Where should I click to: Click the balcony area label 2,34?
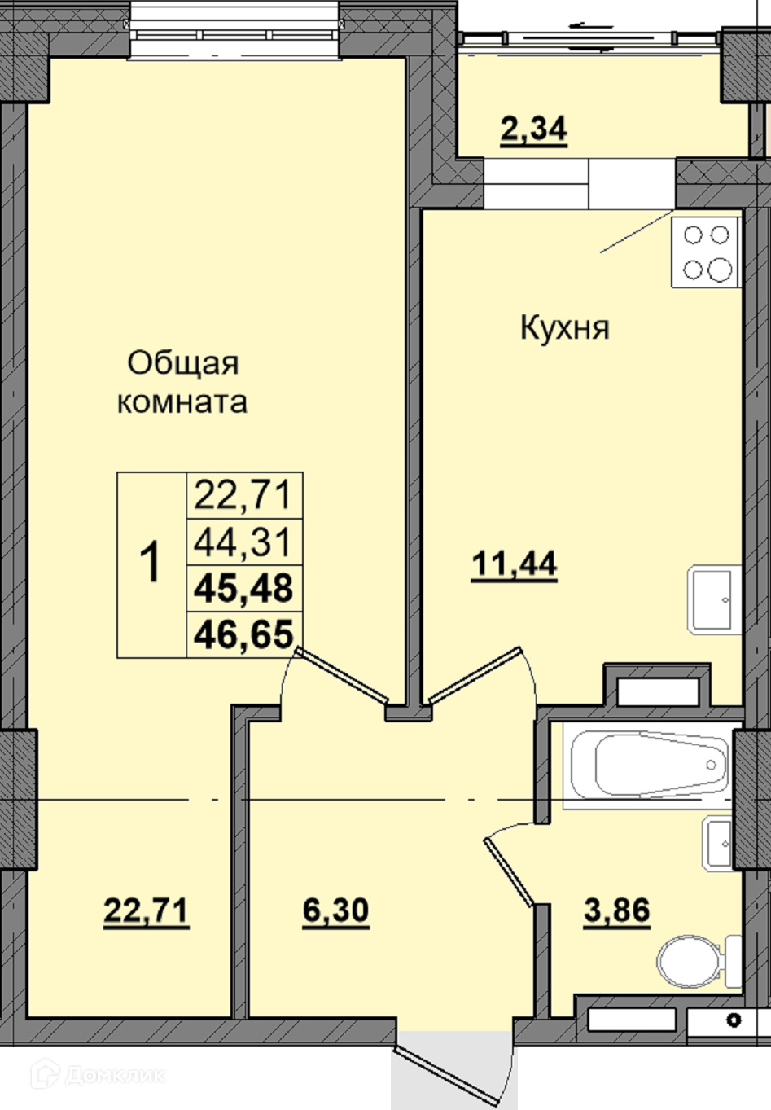(533, 130)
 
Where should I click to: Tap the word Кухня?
(565, 327)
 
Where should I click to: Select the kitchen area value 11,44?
(515, 564)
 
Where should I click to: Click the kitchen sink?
(714, 599)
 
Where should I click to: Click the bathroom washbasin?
(717, 843)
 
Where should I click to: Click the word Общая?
(183, 364)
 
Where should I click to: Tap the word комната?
(182, 402)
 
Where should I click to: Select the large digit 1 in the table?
(150, 562)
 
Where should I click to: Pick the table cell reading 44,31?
(244, 542)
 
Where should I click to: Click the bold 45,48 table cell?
(244, 588)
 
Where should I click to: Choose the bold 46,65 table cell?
(244, 634)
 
